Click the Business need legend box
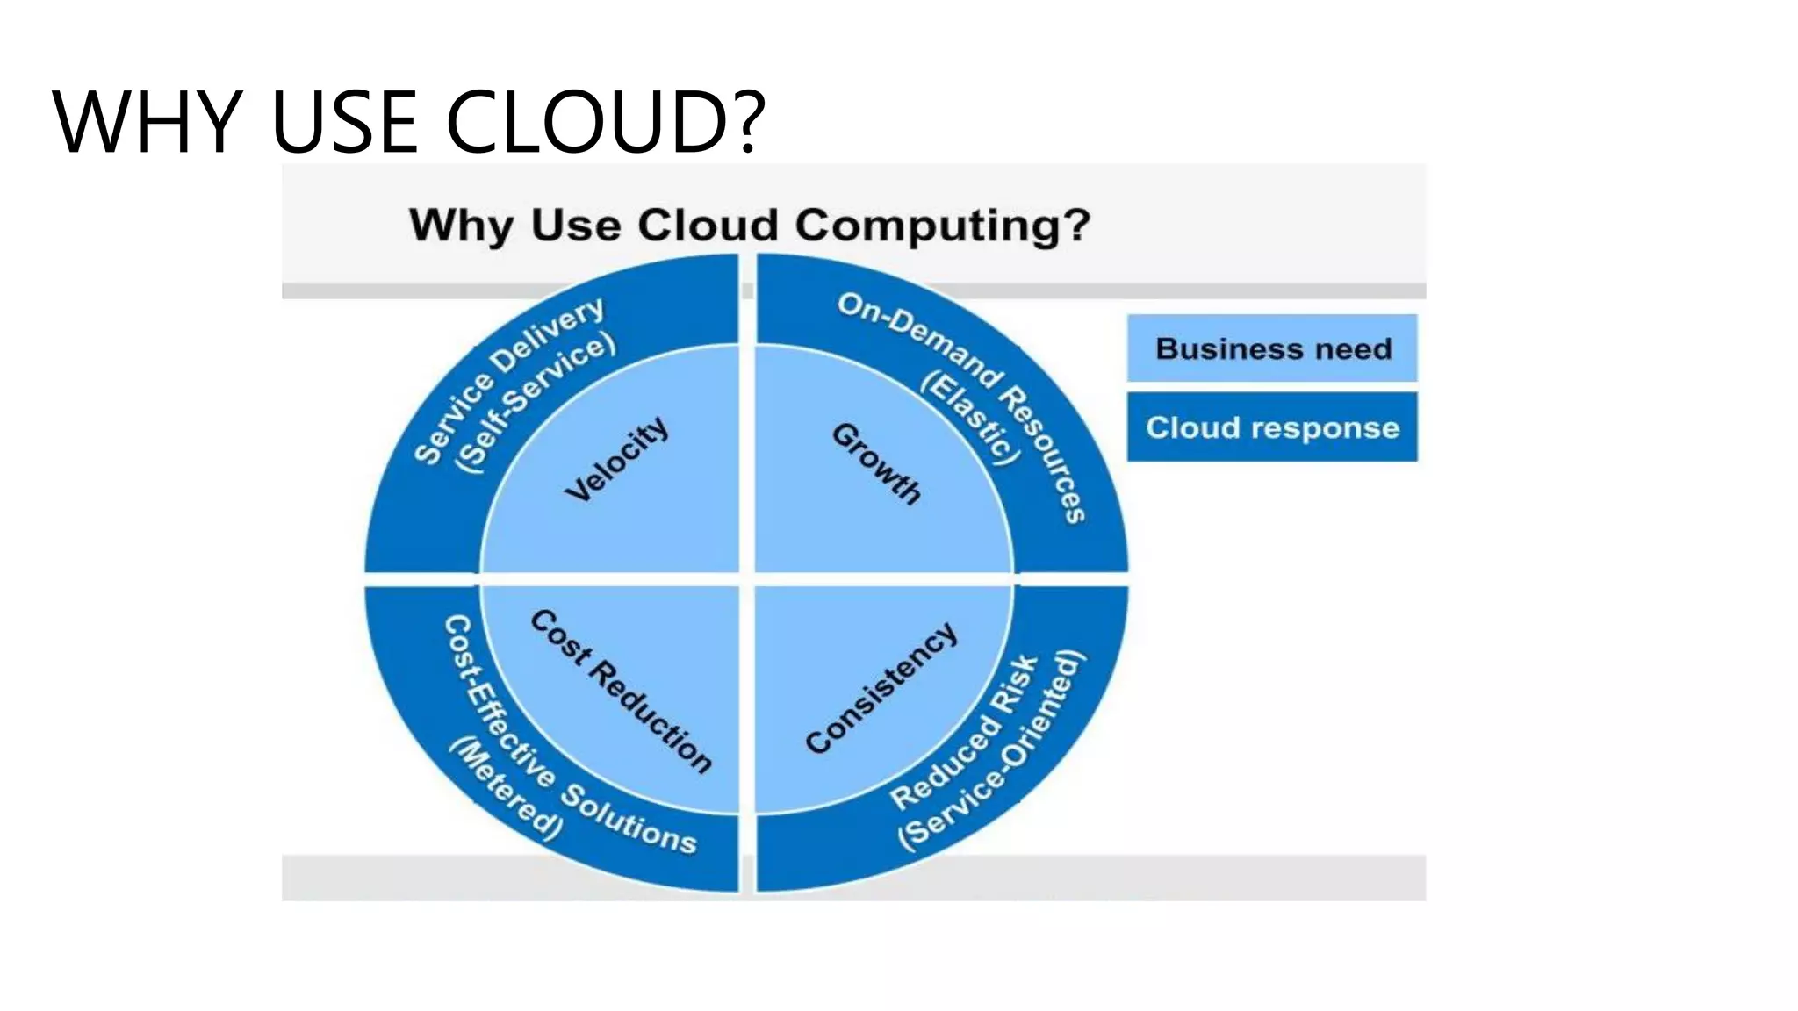tap(1272, 348)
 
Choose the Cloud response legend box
tap(1272, 427)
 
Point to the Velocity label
tap(616, 459)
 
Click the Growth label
tap(876, 463)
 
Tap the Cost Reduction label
tap(622, 691)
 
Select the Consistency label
tap(881, 687)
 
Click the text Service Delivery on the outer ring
tap(509, 379)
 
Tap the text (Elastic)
tap(971, 418)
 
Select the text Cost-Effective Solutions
tap(562, 746)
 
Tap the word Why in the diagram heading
tap(462, 226)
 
